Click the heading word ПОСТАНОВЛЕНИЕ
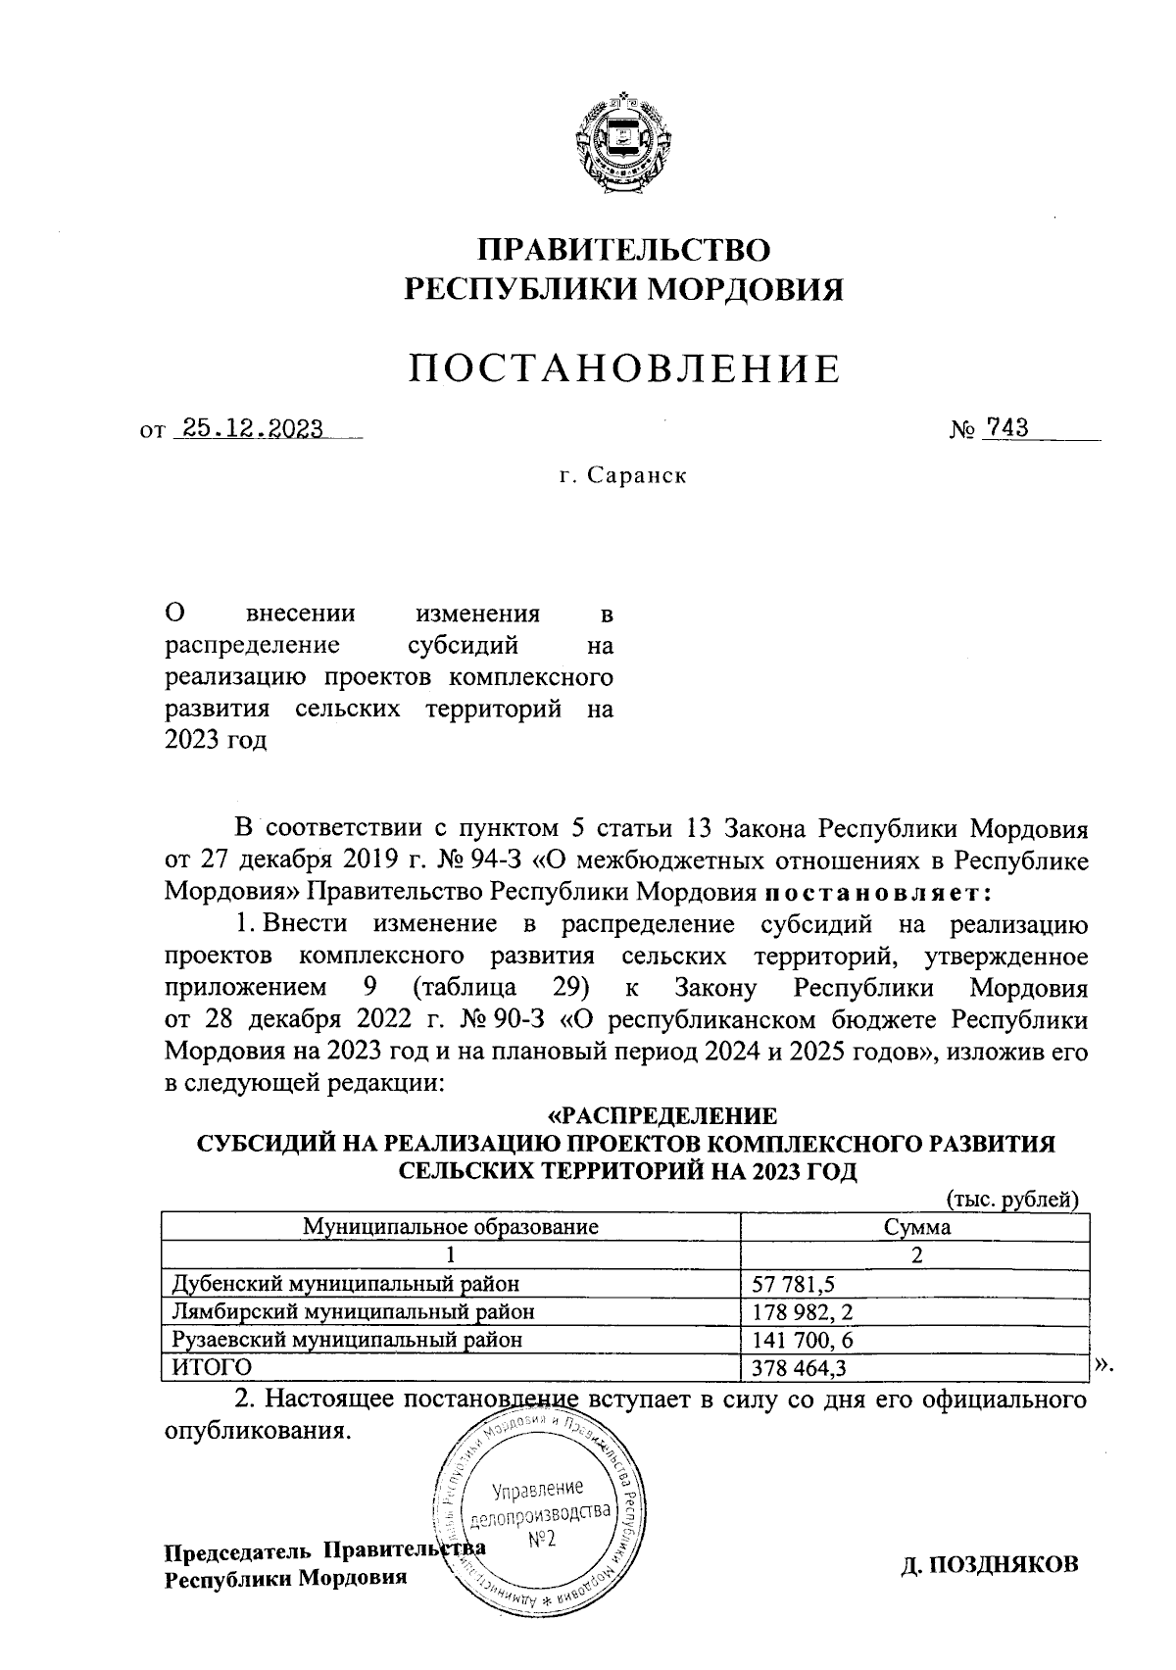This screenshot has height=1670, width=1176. (624, 368)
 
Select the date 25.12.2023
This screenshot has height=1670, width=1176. (248, 428)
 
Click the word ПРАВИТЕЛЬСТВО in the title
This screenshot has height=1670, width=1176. (624, 249)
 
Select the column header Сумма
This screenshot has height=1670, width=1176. (916, 1226)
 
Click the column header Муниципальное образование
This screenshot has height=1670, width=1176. (450, 1226)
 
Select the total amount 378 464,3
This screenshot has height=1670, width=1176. (800, 1367)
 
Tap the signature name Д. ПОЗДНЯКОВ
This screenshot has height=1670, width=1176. (990, 1563)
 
